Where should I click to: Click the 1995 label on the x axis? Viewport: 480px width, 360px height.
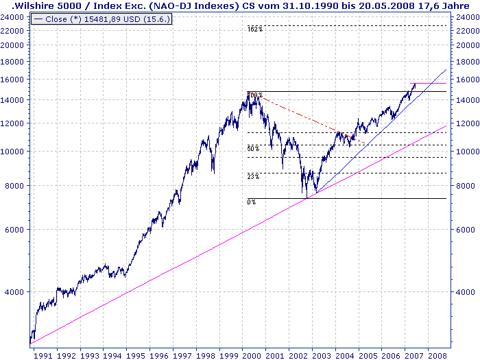[138, 355]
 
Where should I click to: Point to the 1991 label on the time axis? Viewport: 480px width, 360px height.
[43, 355]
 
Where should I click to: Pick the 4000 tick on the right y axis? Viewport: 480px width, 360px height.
[466, 292]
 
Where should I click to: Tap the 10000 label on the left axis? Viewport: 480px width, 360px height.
[14, 152]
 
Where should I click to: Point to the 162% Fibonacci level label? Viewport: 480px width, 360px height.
[255, 29]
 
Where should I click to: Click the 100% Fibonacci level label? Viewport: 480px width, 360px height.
[254, 95]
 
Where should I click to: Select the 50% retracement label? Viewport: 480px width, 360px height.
[253, 148]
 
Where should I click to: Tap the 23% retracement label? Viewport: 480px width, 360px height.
[253, 177]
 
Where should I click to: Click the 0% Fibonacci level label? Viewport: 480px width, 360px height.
[252, 202]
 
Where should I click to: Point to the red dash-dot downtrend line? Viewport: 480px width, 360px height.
[295, 114]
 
